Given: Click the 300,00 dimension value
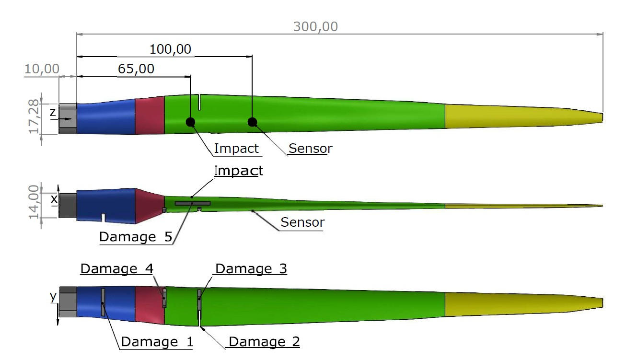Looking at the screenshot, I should click(315, 26).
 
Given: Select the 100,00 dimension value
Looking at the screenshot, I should click(170, 49).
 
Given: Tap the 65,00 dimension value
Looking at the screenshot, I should click(136, 69).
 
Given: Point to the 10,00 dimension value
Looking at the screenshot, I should click(42, 69).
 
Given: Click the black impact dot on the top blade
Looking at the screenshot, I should click(190, 122).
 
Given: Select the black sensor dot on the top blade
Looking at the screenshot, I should click(252, 122).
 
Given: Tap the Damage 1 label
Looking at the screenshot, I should click(157, 342).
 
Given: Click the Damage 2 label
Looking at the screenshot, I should click(264, 342).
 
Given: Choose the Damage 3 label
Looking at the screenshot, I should click(251, 269).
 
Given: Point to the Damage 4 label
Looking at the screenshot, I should click(116, 269).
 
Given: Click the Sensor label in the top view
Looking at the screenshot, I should click(310, 149).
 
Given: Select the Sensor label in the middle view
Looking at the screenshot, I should click(302, 222).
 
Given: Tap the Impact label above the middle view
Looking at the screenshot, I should click(238, 171).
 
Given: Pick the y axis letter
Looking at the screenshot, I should click(53, 297).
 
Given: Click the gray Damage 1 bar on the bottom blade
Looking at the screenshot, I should click(103, 302).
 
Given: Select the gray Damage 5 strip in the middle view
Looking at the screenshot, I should click(192, 204).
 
